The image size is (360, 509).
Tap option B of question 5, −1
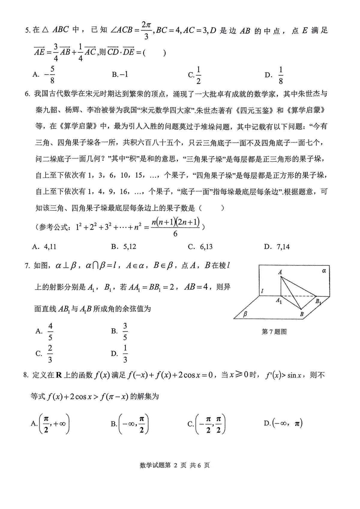pos(120,74)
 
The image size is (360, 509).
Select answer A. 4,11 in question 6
pos(44,247)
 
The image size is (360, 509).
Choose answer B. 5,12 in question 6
pos(124,247)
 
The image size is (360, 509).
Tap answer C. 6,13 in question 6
pos(200,247)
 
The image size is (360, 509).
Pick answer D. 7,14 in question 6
pos(277,247)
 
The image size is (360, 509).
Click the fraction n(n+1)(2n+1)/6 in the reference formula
pos(175,227)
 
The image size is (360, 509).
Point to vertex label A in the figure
pos(280,272)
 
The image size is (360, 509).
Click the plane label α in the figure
pos(324,271)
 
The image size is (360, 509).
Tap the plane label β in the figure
pos(245,314)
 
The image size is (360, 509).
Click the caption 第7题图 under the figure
pos(274,331)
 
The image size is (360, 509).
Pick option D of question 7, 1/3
pos(120,354)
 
